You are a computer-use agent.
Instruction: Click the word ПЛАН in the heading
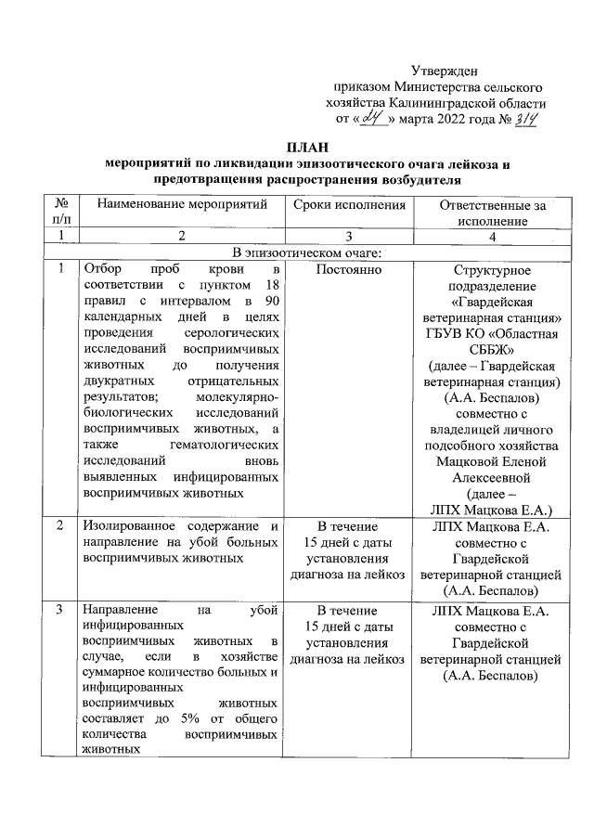pyautogui.click(x=307, y=148)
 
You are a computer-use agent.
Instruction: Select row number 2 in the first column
pyautogui.click(x=60, y=526)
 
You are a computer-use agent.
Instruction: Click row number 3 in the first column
pyautogui.click(x=60, y=610)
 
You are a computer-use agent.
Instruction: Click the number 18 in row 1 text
pyautogui.click(x=271, y=286)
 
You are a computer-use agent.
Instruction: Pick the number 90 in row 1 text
pyautogui.click(x=271, y=302)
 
